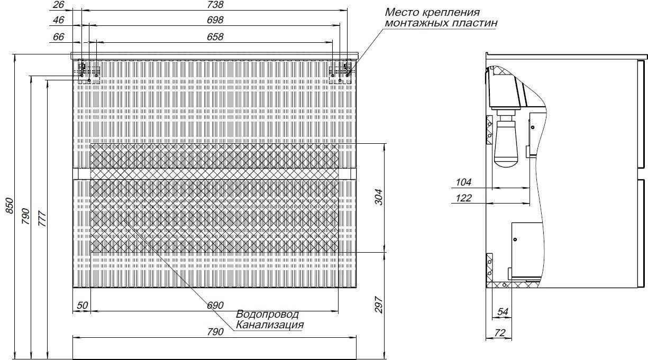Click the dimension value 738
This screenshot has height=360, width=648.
(215, 5)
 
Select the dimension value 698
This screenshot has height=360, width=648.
(215, 20)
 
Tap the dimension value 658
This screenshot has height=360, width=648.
(215, 37)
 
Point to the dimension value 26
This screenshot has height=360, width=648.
(58, 5)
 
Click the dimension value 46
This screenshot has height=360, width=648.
(58, 20)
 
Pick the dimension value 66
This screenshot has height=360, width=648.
(58, 37)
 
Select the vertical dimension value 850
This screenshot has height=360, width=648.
(10, 206)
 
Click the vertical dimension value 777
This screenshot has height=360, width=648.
(42, 219)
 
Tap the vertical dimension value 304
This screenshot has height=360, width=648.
(379, 197)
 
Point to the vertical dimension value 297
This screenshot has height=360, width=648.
(379, 304)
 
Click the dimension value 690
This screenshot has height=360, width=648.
(215, 306)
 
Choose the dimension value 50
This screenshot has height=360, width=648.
(83, 306)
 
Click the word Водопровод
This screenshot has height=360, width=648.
(268, 315)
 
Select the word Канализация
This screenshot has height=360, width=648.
(270, 325)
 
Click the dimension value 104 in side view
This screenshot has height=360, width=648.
(463, 182)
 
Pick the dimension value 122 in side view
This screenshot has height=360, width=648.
(463, 198)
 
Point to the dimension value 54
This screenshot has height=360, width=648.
(503, 312)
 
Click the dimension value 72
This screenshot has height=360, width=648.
(499, 333)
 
